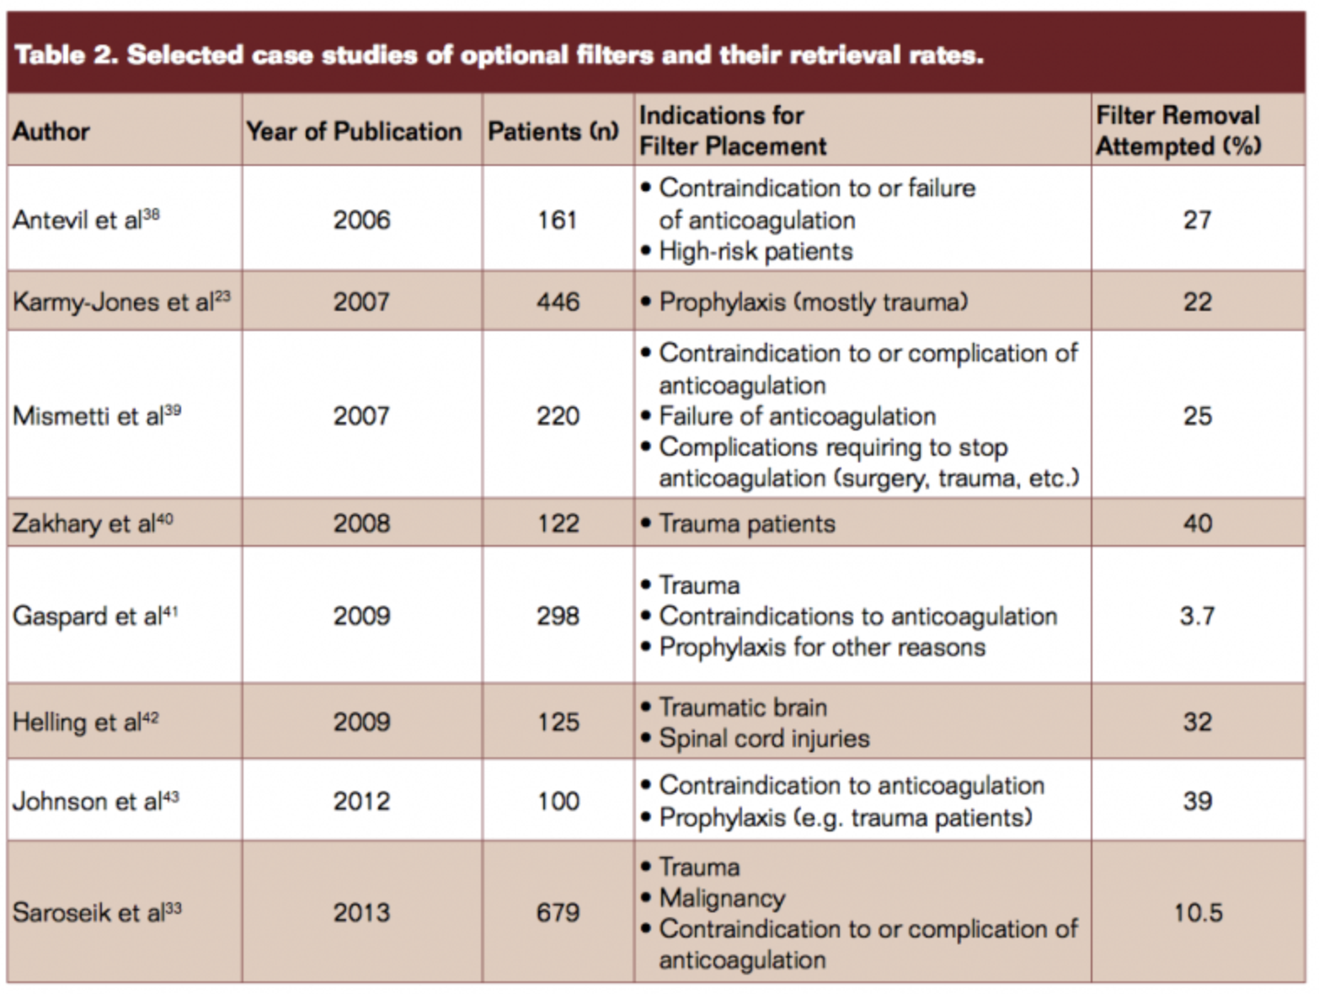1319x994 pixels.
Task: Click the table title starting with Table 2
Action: tap(499, 55)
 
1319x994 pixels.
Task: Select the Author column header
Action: tap(51, 131)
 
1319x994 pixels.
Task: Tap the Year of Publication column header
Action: tap(354, 131)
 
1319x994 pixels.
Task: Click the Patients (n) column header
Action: tap(553, 131)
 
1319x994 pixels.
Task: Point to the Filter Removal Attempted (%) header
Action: tap(1178, 131)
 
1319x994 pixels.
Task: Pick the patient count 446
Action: tap(558, 302)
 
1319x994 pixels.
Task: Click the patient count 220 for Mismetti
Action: tap(558, 415)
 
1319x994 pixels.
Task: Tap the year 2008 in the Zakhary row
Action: tap(361, 523)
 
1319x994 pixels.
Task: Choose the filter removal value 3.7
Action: tap(1197, 616)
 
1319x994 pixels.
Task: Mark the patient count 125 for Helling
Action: tap(558, 722)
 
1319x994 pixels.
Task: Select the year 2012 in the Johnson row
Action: tap(361, 800)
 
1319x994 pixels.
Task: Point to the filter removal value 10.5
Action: tap(1198, 912)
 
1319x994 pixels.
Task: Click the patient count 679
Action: tap(558, 912)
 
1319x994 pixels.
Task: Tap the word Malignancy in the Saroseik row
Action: tap(722, 898)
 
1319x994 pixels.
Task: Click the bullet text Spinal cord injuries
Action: tap(764, 739)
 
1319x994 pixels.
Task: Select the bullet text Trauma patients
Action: tap(746, 524)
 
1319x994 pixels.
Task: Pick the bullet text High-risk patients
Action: tap(756, 251)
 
